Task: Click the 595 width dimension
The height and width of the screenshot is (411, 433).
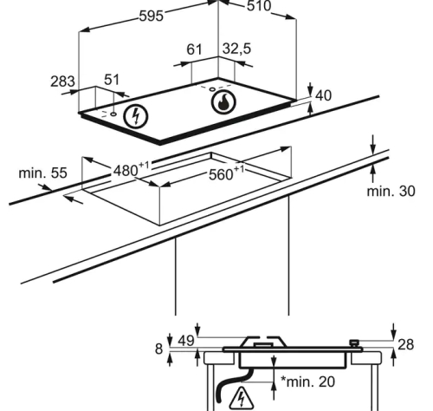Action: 152,16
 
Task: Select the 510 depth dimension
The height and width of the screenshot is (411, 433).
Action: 259,6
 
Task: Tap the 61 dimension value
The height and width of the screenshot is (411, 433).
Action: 194,49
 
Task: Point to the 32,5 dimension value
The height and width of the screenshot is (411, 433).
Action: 236,49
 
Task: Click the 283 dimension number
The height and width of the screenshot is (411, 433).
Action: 62,82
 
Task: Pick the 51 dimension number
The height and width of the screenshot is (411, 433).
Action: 112,80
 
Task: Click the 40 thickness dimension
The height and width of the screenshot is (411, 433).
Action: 323,95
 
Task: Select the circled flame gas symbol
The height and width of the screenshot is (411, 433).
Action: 223,102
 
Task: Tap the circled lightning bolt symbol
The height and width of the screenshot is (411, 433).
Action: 136,116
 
